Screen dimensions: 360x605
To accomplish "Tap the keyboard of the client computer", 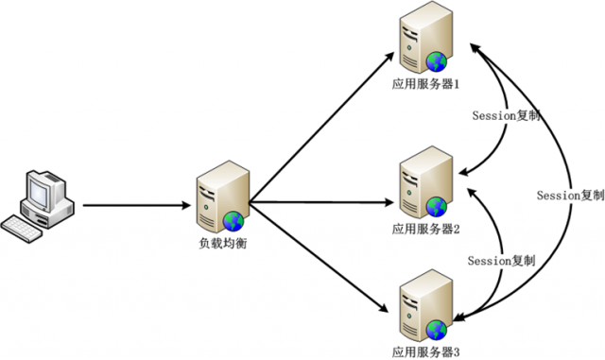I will tap(23, 227).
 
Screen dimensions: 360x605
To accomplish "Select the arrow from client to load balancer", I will tap(132, 204).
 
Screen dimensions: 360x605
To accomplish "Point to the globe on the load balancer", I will tap(233, 221).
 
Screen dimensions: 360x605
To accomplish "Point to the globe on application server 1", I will tap(436, 62).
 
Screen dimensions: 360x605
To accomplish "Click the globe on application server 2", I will tap(436, 206).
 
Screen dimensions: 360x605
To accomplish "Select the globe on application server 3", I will tap(436, 329).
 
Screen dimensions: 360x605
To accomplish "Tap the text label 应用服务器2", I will tap(425, 229).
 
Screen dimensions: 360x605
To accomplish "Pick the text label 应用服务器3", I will tap(425, 351).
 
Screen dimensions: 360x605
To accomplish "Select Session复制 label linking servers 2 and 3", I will tap(502, 260).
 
